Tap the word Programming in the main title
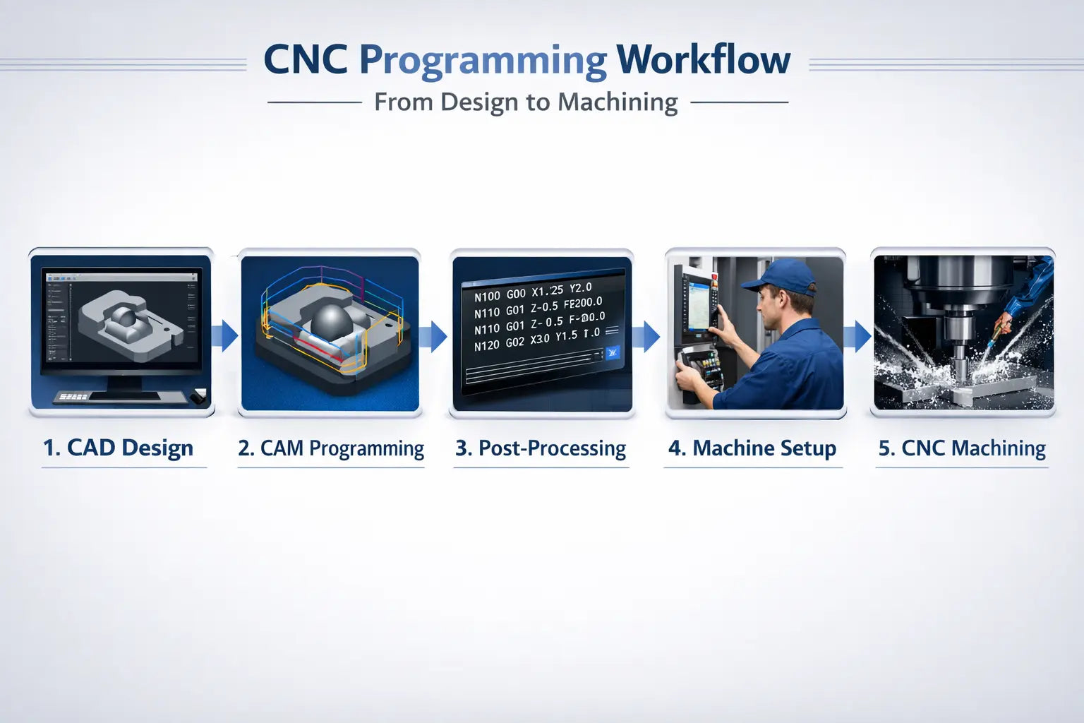click(483, 61)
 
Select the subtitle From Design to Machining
click(526, 102)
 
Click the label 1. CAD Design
click(118, 448)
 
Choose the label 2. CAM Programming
click(331, 448)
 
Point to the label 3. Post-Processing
click(541, 448)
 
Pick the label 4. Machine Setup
click(752, 448)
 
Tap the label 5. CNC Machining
click(962, 448)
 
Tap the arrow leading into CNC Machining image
click(857, 336)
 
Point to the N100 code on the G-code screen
click(486, 297)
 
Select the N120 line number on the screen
click(486, 346)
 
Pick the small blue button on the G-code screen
click(612, 352)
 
